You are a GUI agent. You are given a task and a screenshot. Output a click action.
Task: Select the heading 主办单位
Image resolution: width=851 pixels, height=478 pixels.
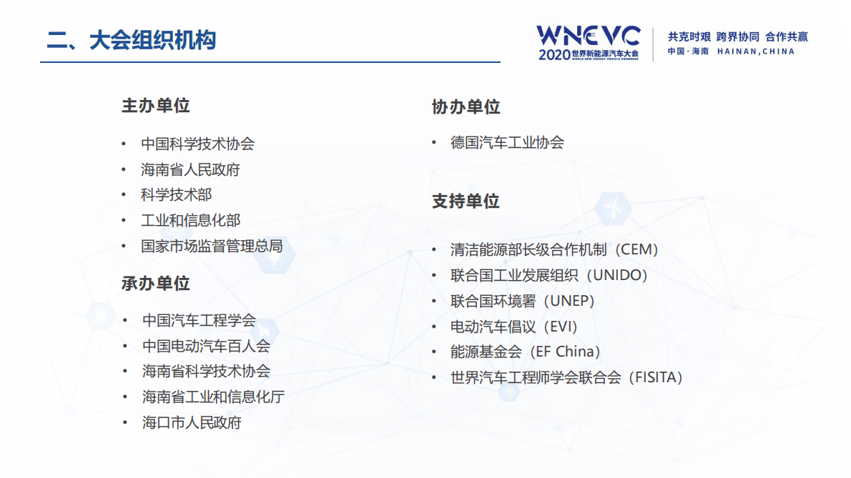[155, 106]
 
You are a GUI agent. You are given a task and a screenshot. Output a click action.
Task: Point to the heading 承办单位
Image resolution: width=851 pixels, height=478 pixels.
[155, 283]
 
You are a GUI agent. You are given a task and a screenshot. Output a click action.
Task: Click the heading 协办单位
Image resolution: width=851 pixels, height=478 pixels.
[466, 107]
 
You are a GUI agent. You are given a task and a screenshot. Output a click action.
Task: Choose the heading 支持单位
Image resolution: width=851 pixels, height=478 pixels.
[466, 201]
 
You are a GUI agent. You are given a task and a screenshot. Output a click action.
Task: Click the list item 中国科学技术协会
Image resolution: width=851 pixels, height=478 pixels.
[197, 144]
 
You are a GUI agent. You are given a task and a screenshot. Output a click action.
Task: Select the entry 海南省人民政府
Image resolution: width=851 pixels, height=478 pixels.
[190, 170]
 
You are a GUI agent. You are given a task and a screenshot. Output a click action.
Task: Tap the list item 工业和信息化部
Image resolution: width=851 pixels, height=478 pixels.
[190, 221]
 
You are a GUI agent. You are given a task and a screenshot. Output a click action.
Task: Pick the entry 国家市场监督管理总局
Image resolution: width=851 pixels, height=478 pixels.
[212, 247]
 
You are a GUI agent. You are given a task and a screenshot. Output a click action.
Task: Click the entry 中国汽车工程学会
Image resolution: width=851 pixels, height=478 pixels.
[199, 321]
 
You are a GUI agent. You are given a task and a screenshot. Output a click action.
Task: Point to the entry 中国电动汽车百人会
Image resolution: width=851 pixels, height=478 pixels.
[206, 347]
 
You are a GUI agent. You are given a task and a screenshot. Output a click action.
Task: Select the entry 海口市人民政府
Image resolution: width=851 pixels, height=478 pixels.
[192, 422]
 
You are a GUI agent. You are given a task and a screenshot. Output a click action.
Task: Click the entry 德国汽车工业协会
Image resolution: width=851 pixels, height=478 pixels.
[507, 142]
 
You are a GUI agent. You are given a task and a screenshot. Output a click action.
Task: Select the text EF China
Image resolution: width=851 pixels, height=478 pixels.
[564, 352]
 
